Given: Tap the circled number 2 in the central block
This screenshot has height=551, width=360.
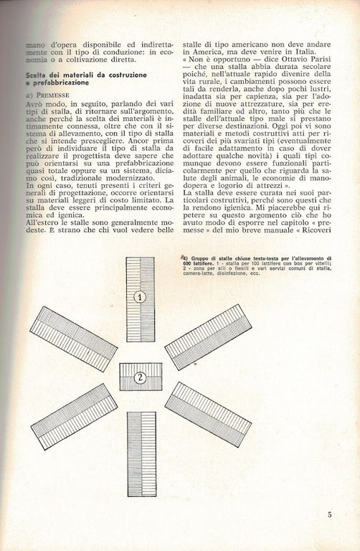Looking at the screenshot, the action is [141, 376].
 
